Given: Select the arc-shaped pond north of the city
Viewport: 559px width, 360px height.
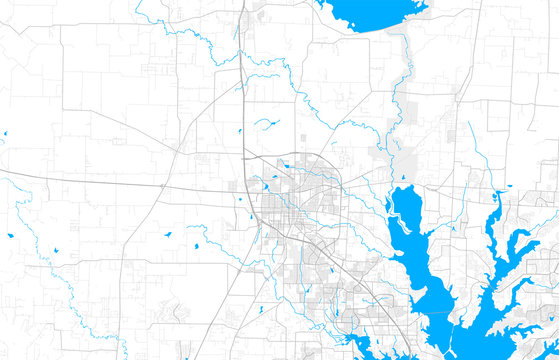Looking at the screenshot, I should click(x=265, y=122).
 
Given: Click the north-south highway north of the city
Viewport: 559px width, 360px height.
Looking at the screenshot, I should click(x=243, y=80).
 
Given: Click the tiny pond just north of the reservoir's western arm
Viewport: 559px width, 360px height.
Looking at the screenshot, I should click(x=402, y=178).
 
